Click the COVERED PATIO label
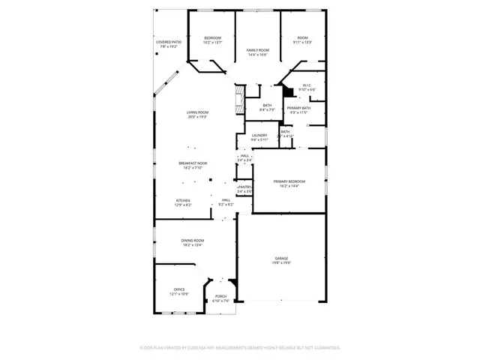[x=169, y=42]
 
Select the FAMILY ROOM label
[x=258, y=50]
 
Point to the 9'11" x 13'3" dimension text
[x=303, y=43]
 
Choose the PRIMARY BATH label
[x=298, y=108]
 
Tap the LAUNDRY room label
[x=259, y=136]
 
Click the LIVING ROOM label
[x=197, y=112]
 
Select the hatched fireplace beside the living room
[x=238, y=98]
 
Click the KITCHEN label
[x=183, y=200]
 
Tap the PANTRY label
[x=244, y=187]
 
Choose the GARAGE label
[x=281, y=259]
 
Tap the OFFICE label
[x=179, y=289]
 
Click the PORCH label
[x=221, y=296]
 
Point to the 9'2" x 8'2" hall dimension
[x=226, y=204]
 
